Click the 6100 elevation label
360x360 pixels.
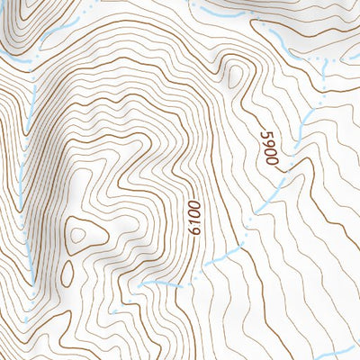[x=193, y=218]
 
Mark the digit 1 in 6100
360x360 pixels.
[x=193, y=222]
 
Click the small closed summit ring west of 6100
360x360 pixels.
[x=78, y=235]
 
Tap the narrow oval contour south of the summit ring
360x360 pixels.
[x=67, y=272]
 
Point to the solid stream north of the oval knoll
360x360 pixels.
[x=216, y=12]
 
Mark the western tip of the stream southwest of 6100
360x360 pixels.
[x=144, y=282]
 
